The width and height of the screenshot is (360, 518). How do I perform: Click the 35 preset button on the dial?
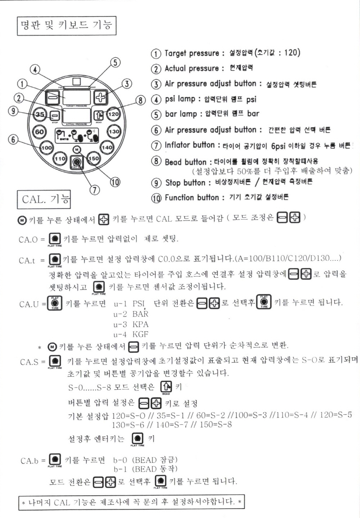40,115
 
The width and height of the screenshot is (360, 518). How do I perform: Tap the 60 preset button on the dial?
39,131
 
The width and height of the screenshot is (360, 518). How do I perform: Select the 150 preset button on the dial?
93,158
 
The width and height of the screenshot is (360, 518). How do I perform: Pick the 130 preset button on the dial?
114,131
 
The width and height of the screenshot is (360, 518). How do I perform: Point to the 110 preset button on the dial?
60,158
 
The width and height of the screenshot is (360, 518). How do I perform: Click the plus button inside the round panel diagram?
100,97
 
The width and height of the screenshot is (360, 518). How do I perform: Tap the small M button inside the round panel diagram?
77,149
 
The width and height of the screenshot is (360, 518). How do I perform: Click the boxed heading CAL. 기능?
44,199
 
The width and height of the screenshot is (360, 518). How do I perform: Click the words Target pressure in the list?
192,53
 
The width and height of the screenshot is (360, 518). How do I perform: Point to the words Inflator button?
190,145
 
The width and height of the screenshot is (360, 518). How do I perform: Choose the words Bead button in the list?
186,162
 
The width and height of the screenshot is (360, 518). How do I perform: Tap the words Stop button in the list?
185,183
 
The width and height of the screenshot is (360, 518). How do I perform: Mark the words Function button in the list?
192,197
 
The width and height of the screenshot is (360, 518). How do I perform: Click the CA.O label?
28,240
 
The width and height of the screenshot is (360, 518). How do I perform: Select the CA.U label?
29,304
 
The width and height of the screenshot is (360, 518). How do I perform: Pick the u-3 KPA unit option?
131,324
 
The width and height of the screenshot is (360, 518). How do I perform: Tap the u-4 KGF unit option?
131,334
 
